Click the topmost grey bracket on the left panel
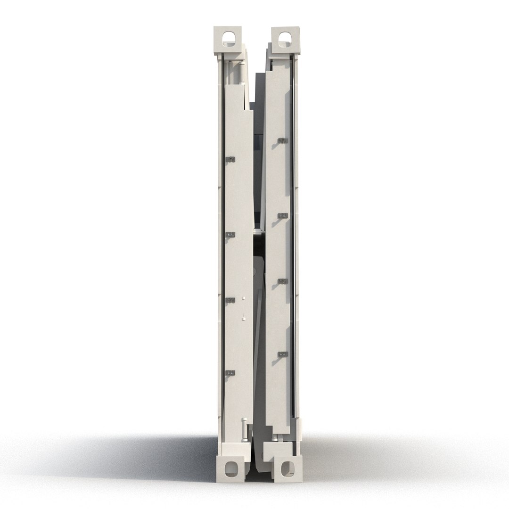[230, 160]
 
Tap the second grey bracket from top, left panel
[230, 234]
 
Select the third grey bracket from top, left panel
[230, 300]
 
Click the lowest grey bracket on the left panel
[230, 373]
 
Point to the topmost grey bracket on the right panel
[282, 140]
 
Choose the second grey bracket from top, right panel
[282, 215]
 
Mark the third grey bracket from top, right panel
[282, 281]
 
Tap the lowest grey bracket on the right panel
[282, 354]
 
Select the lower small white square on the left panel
[244, 319]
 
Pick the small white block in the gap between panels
[257, 231]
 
